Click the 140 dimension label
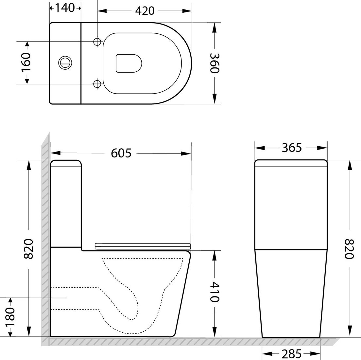click(65, 8)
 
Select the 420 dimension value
click(145, 11)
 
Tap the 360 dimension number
click(215, 63)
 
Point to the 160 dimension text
click(26, 63)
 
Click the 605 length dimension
click(121, 153)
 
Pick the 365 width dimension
click(292, 148)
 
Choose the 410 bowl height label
click(215, 292)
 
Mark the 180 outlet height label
click(10, 317)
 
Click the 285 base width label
click(291, 354)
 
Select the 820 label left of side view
click(29, 249)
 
